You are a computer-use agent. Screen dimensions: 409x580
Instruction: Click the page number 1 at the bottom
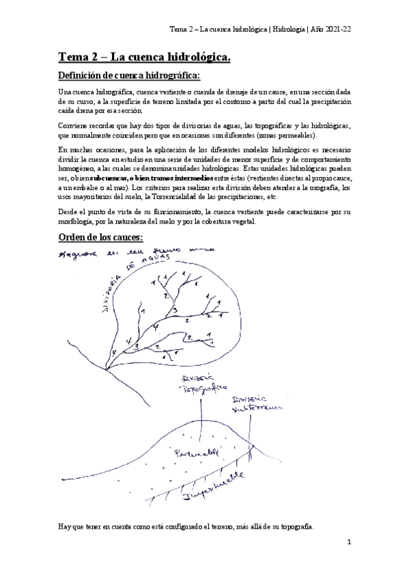(348, 542)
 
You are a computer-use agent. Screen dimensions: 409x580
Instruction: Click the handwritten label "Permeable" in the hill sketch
(196, 453)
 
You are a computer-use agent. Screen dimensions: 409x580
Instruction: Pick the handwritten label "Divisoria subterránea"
(248, 404)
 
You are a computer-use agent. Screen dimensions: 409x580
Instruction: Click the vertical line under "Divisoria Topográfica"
(199, 417)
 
